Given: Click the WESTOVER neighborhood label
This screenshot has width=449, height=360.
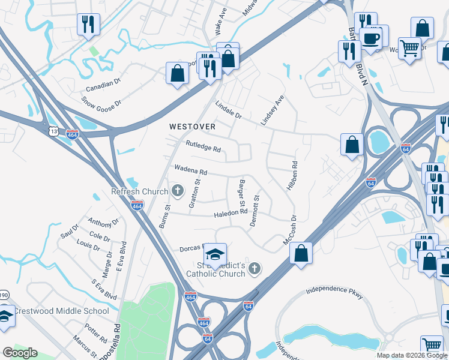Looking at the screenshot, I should tap(191, 127).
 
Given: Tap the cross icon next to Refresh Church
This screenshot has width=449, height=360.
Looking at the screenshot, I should tap(177, 192).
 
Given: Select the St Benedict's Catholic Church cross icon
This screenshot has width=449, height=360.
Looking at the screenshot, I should tap(255, 268).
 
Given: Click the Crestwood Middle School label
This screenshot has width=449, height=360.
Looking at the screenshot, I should tap(61, 311).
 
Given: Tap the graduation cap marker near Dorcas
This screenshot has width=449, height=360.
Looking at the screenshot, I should tap(215, 254).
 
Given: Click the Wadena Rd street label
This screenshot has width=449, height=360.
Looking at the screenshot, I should tap(190, 170).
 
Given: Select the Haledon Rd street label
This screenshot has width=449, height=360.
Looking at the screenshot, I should tap(231, 212).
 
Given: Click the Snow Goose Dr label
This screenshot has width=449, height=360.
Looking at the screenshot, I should tap(101, 103).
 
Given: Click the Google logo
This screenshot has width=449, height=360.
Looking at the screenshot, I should tap(20, 353).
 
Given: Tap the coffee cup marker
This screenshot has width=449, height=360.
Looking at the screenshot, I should tap(370, 38).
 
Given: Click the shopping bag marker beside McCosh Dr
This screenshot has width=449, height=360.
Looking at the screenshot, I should tap(301, 253).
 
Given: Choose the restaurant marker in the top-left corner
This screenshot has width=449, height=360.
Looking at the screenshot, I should tap(88, 25).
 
